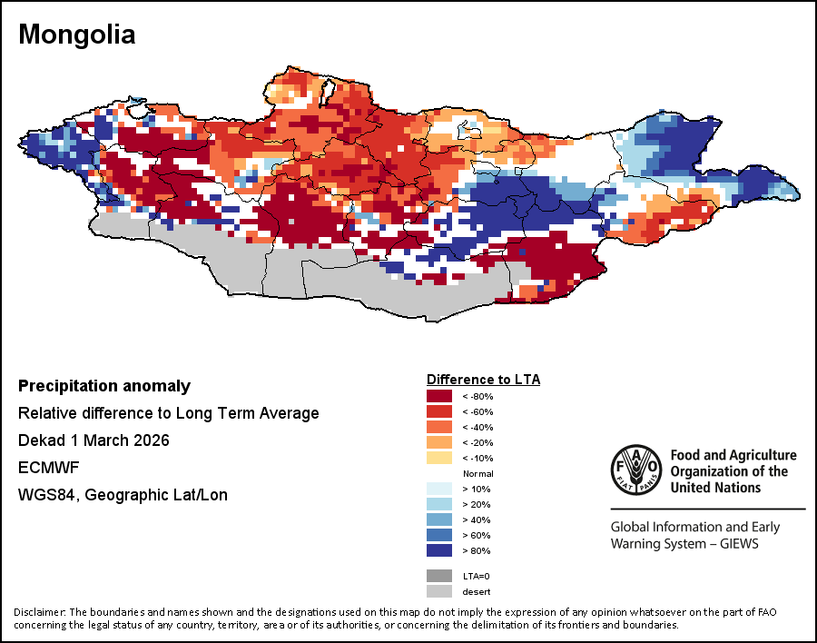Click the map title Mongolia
[77, 35]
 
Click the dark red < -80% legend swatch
[439, 396]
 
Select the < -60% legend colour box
[439, 411]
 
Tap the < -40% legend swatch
[439, 427]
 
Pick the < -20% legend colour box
[439, 442]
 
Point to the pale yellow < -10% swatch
[439, 458]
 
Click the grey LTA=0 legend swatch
[439, 575]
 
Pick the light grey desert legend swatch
[439, 591]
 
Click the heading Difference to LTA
[483, 379]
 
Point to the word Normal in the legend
[477, 474]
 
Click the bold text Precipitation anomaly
[104, 386]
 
